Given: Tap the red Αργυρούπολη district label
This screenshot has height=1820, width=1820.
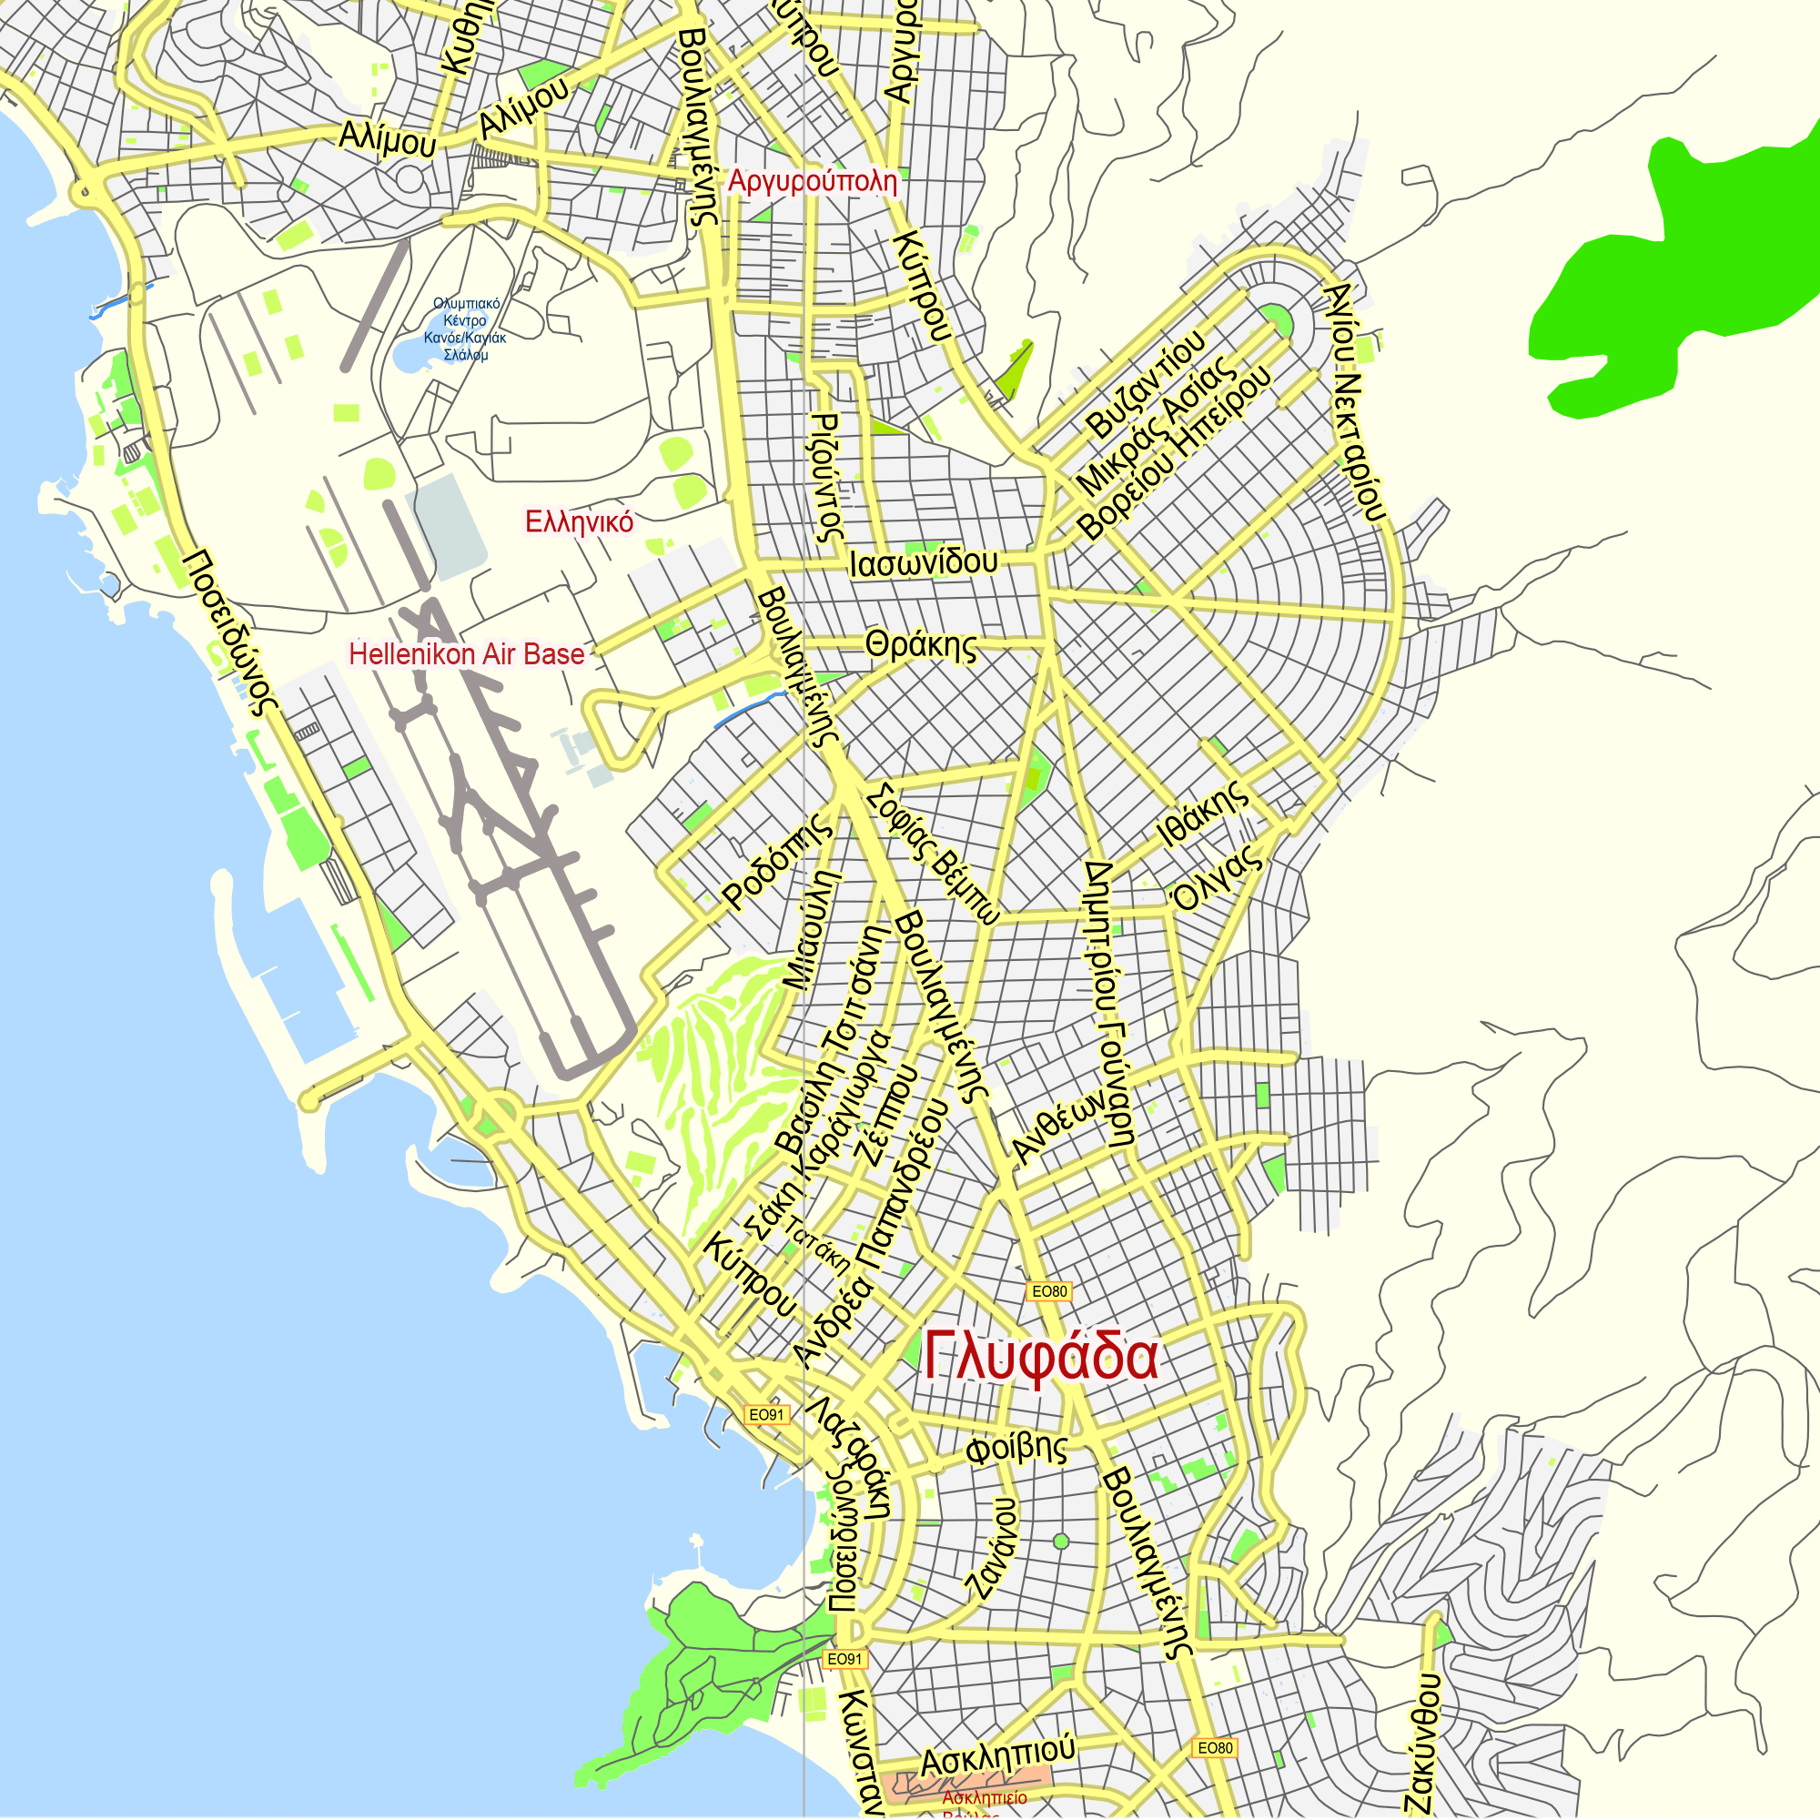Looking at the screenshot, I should click(x=812, y=180).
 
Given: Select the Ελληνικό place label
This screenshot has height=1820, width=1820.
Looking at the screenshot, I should click(x=580, y=521).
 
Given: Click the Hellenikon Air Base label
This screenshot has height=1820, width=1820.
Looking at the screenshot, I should click(x=466, y=653).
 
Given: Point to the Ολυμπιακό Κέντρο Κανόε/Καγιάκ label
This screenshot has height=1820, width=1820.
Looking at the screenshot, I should click(x=465, y=329).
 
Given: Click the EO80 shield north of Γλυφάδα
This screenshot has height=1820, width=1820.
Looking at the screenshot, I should click(x=1048, y=1291).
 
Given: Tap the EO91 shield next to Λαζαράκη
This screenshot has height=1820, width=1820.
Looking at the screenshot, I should click(x=766, y=1415).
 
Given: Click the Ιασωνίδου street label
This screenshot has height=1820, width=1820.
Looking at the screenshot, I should click(x=923, y=562).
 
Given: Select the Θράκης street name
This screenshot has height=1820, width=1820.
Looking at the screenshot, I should click(x=921, y=646).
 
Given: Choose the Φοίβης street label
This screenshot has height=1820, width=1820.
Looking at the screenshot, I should click(x=1016, y=1448).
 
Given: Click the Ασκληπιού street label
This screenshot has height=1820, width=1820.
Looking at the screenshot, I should click(x=997, y=1754).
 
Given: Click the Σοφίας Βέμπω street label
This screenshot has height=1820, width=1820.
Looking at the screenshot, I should click(x=933, y=854).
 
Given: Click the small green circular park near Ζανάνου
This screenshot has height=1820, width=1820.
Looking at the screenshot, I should click(x=1061, y=1542).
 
